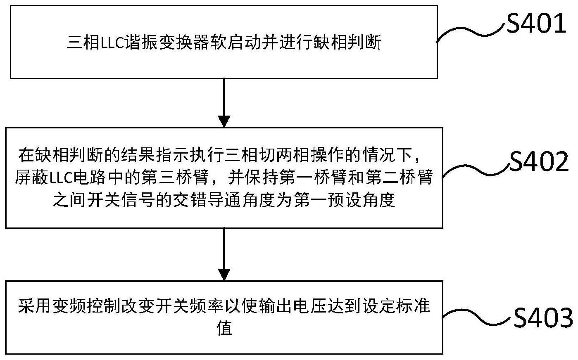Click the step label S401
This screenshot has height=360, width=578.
[x=536, y=24]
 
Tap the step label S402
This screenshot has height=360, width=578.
[x=539, y=162]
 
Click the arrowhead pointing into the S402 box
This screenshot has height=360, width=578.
[x=224, y=122]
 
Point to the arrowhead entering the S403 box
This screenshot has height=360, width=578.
[x=224, y=275]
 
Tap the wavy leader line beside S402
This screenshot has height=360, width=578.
[x=476, y=170]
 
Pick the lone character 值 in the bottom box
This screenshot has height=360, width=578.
[x=224, y=328]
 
